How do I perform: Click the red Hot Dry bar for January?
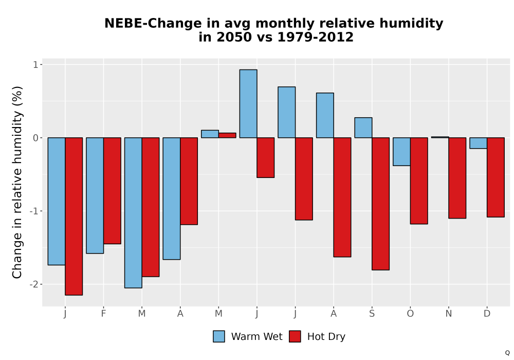pyautogui.click(x=74, y=217)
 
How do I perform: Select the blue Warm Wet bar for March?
pyautogui.click(x=134, y=213)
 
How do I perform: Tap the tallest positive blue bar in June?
pyautogui.click(x=248, y=103)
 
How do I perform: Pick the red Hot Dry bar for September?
pyautogui.click(x=380, y=204)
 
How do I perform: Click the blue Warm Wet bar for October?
pyautogui.click(x=402, y=152)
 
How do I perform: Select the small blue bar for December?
pyautogui.click(x=479, y=143)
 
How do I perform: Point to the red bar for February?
pyautogui.click(x=112, y=191)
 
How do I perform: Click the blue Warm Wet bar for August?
pyautogui.click(x=325, y=115)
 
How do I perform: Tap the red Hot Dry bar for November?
pyautogui.click(x=457, y=178)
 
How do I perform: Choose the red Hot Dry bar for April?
pyautogui.click(x=189, y=182)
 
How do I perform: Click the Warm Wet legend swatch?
pyautogui.click(x=219, y=336)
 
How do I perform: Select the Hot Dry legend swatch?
pyautogui.click(x=295, y=336)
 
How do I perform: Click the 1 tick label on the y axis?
pyautogui.click(x=36, y=65)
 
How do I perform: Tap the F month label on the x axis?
pyautogui.click(x=104, y=314)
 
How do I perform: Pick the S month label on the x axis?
pyautogui.click(x=372, y=314)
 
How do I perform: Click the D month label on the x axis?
pyautogui.click(x=487, y=314)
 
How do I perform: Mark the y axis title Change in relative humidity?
pyautogui.click(x=17, y=182)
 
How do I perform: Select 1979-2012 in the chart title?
pyautogui.click(x=315, y=37)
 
